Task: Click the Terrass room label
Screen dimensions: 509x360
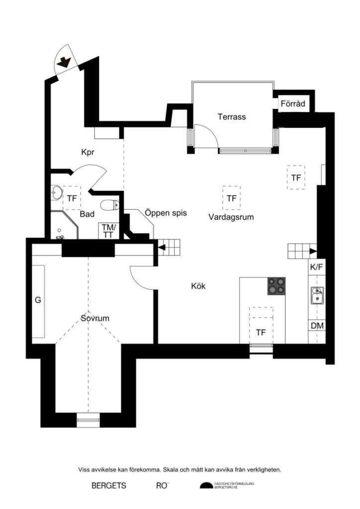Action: (x=232, y=117)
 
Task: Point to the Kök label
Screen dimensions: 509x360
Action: (x=198, y=286)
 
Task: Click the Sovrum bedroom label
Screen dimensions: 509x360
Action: (x=95, y=318)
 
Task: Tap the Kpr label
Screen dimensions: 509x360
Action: (x=88, y=153)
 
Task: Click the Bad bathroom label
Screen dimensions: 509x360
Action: (x=88, y=214)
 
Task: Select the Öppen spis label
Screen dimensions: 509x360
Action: (x=166, y=213)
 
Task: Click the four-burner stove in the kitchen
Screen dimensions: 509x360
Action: (x=277, y=286)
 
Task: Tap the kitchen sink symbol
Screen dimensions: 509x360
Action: (x=316, y=295)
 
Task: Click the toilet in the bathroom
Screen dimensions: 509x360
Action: (x=109, y=204)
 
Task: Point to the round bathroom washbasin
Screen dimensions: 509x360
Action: (x=56, y=191)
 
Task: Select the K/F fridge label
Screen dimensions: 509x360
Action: (x=317, y=267)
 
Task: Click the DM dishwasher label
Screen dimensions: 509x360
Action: (x=317, y=326)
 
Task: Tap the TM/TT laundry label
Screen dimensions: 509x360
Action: (x=108, y=231)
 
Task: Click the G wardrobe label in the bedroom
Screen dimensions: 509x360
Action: (x=37, y=300)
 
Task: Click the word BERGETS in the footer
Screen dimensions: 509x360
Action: (x=109, y=486)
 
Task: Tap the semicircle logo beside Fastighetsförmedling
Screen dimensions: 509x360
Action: (x=206, y=486)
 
